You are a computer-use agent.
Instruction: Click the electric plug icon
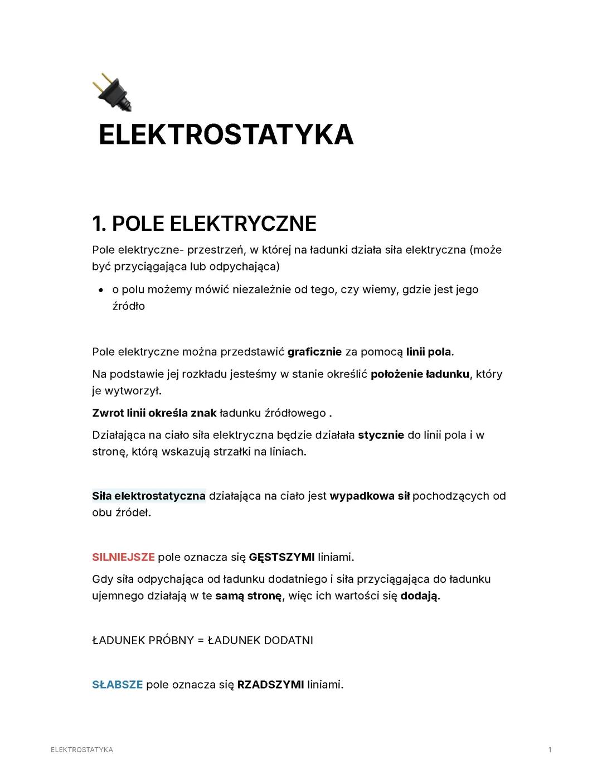pyautogui.click(x=112, y=91)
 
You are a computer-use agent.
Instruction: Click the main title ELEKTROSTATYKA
pyautogui.click(x=226, y=135)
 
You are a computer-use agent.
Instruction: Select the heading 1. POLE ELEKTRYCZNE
pyautogui.click(x=204, y=224)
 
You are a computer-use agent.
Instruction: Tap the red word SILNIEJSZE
pyautogui.click(x=123, y=557)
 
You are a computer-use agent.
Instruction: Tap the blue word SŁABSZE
pyautogui.click(x=117, y=685)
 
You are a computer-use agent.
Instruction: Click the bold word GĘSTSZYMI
pyautogui.click(x=281, y=557)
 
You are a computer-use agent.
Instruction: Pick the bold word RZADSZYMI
pyautogui.click(x=270, y=685)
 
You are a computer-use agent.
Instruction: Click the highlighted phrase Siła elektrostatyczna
pyautogui.click(x=149, y=496)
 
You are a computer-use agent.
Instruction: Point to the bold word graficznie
pyautogui.click(x=314, y=352)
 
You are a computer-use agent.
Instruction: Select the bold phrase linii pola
pyautogui.click(x=429, y=352)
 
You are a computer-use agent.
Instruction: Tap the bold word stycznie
pyautogui.click(x=381, y=435)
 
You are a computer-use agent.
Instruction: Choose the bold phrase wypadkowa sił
pyautogui.click(x=370, y=496)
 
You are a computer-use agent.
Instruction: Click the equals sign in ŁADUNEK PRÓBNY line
pyautogui.click(x=201, y=640)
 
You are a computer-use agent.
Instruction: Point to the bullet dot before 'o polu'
pyautogui.click(x=100, y=290)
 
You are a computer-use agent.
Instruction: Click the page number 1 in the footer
pyautogui.click(x=550, y=749)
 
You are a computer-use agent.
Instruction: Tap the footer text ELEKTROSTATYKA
pyautogui.click(x=81, y=749)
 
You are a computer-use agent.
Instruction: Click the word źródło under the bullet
pyautogui.click(x=128, y=306)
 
